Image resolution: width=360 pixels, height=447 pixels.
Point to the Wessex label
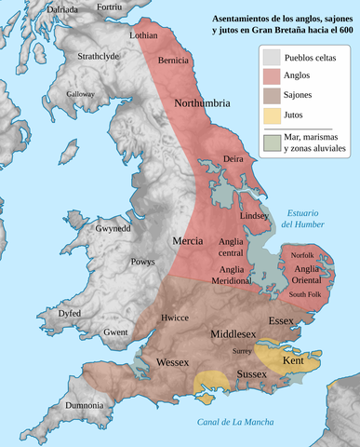coord(173,360)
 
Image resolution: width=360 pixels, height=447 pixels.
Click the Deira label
coord(233,160)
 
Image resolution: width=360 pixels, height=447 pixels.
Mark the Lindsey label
coord(254,215)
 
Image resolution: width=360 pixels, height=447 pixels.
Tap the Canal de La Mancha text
coord(235,423)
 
